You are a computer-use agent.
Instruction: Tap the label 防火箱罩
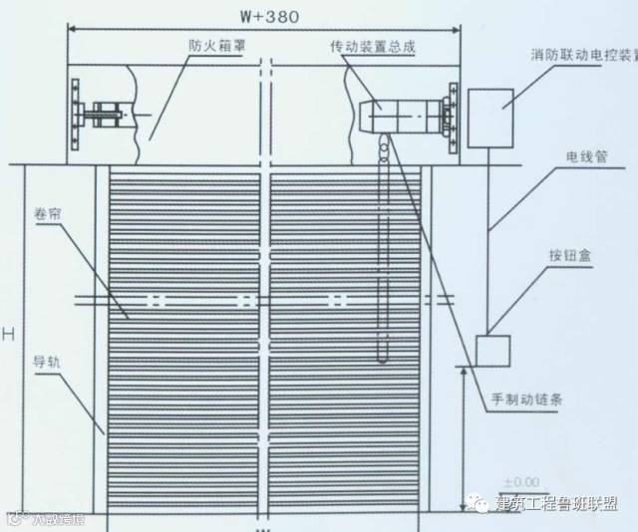pyautogui.click(x=214, y=46)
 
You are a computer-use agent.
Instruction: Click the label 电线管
pyautogui.click(x=587, y=156)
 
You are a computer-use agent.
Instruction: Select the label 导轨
pyautogui.click(x=47, y=363)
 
